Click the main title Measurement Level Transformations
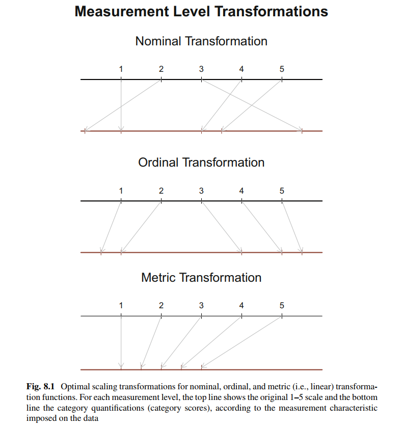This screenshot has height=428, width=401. pos(201,12)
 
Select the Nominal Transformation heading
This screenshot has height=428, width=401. pos(201,41)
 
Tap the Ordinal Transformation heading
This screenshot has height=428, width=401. pos(201,163)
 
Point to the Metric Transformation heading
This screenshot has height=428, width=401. pos(201,278)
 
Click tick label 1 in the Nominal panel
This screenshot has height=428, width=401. pos(121,69)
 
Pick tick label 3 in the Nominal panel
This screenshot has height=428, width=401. pos(201,69)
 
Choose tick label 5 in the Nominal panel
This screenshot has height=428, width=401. pos(282,69)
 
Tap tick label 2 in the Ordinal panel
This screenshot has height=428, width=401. pos(161,191)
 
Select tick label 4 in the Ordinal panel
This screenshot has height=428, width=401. pos(242,191)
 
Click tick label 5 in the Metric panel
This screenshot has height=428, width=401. pos(282,306)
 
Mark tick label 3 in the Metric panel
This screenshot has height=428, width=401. pos(201,306)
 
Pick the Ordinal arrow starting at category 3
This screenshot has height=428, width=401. pos(221,226)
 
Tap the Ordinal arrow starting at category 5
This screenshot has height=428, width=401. pos(292,226)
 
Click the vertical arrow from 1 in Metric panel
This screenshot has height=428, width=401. pos(121,341)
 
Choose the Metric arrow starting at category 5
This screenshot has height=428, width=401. pos(242,341)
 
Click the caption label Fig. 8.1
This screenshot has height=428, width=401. pos(39,387)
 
